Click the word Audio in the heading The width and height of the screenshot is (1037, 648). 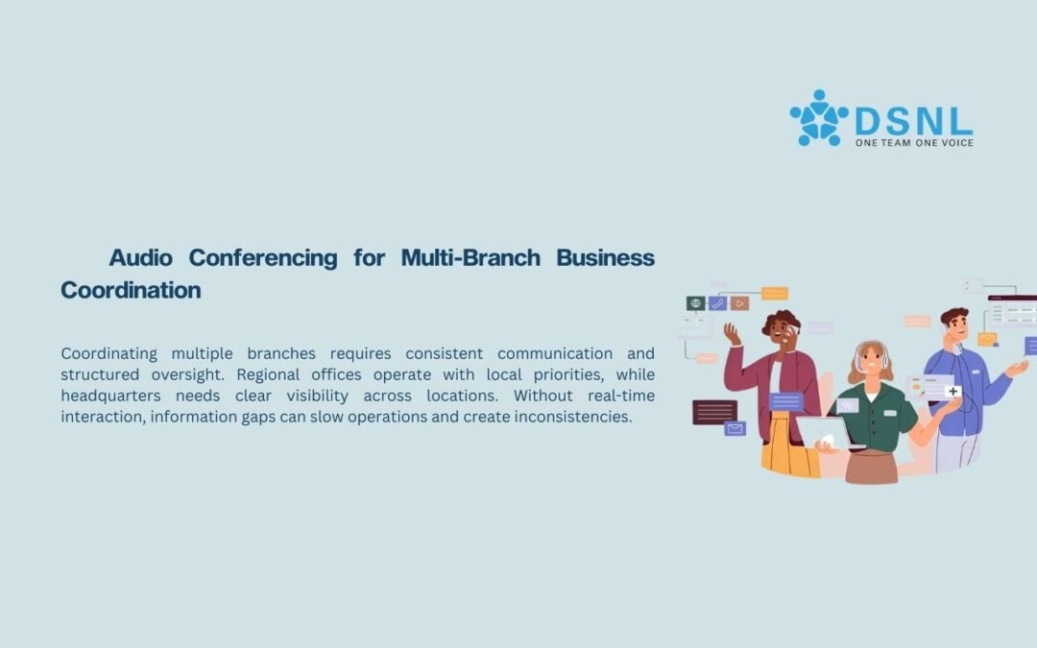140,257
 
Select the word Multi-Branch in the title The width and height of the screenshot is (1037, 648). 470,257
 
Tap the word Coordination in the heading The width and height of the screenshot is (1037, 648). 131,290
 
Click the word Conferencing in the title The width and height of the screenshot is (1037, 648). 263,258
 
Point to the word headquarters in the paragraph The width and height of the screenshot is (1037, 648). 111,396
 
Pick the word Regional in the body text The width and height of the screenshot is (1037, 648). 267,375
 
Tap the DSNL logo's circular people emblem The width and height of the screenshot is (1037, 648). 819,118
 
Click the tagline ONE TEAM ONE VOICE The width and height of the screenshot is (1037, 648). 914,143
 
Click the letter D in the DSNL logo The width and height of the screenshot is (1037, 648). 867,122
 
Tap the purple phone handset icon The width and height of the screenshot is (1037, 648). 717,303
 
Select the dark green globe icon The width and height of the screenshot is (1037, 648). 696,303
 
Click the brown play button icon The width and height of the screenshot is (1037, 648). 739,303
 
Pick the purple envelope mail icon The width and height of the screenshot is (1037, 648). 735,428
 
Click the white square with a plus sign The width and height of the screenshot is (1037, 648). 953,392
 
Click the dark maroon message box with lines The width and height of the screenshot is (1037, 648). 715,412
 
